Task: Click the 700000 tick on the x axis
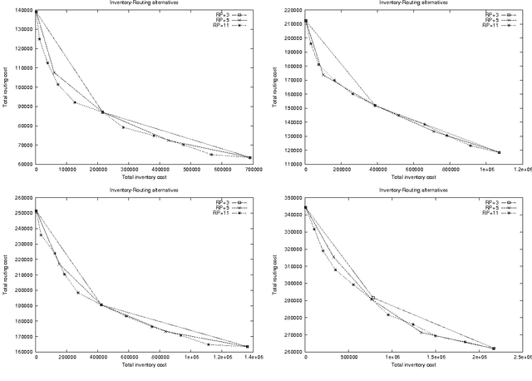point(250,170)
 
